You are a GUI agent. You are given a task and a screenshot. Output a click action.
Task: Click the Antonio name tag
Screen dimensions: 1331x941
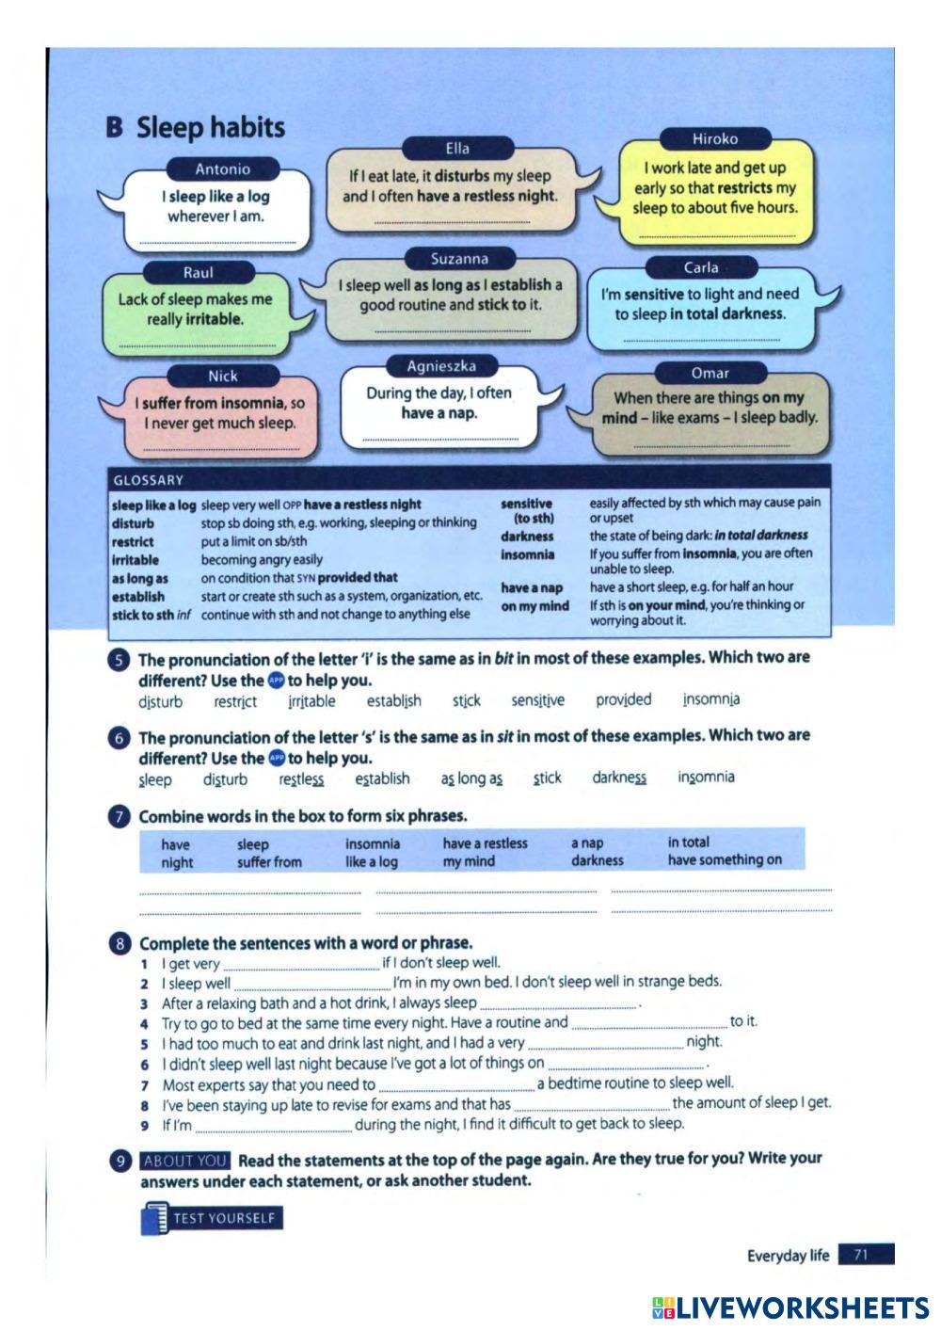click(x=222, y=169)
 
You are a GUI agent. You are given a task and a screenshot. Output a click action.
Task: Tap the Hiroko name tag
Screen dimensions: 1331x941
click(x=715, y=138)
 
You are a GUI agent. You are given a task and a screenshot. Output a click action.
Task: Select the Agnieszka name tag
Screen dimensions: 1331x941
click(x=441, y=366)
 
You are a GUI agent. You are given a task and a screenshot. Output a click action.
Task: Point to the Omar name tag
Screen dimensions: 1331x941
click(x=710, y=373)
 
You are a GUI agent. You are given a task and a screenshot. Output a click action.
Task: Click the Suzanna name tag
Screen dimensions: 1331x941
click(x=459, y=259)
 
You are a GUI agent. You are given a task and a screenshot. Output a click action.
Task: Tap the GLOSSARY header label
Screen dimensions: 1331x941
click(x=149, y=480)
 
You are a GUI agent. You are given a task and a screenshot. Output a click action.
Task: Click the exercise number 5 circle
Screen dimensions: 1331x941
click(x=119, y=660)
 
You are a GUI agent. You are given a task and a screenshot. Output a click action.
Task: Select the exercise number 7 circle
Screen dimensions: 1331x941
click(x=119, y=817)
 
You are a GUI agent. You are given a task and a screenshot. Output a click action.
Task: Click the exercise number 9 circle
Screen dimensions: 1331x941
click(x=120, y=1161)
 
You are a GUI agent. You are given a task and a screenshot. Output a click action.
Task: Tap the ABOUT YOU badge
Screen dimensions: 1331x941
click(x=184, y=1161)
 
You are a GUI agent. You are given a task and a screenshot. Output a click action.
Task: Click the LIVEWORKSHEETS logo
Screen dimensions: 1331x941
click(x=790, y=1307)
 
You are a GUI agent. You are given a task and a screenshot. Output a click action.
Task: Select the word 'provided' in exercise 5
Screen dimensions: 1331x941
click(x=623, y=699)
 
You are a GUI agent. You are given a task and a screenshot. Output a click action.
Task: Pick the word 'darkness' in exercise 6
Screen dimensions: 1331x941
click(x=619, y=778)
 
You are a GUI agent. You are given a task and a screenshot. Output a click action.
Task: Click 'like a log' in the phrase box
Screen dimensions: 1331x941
click(x=371, y=861)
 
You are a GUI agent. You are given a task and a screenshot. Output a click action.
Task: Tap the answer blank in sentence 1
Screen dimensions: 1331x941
click(x=301, y=965)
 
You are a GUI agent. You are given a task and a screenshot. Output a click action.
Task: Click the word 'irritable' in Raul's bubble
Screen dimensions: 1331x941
click(x=215, y=319)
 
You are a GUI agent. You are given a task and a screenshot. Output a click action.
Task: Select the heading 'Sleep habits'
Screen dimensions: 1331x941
click(x=211, y=127)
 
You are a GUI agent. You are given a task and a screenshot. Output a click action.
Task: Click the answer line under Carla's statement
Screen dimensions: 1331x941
click(x=701, y=341)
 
